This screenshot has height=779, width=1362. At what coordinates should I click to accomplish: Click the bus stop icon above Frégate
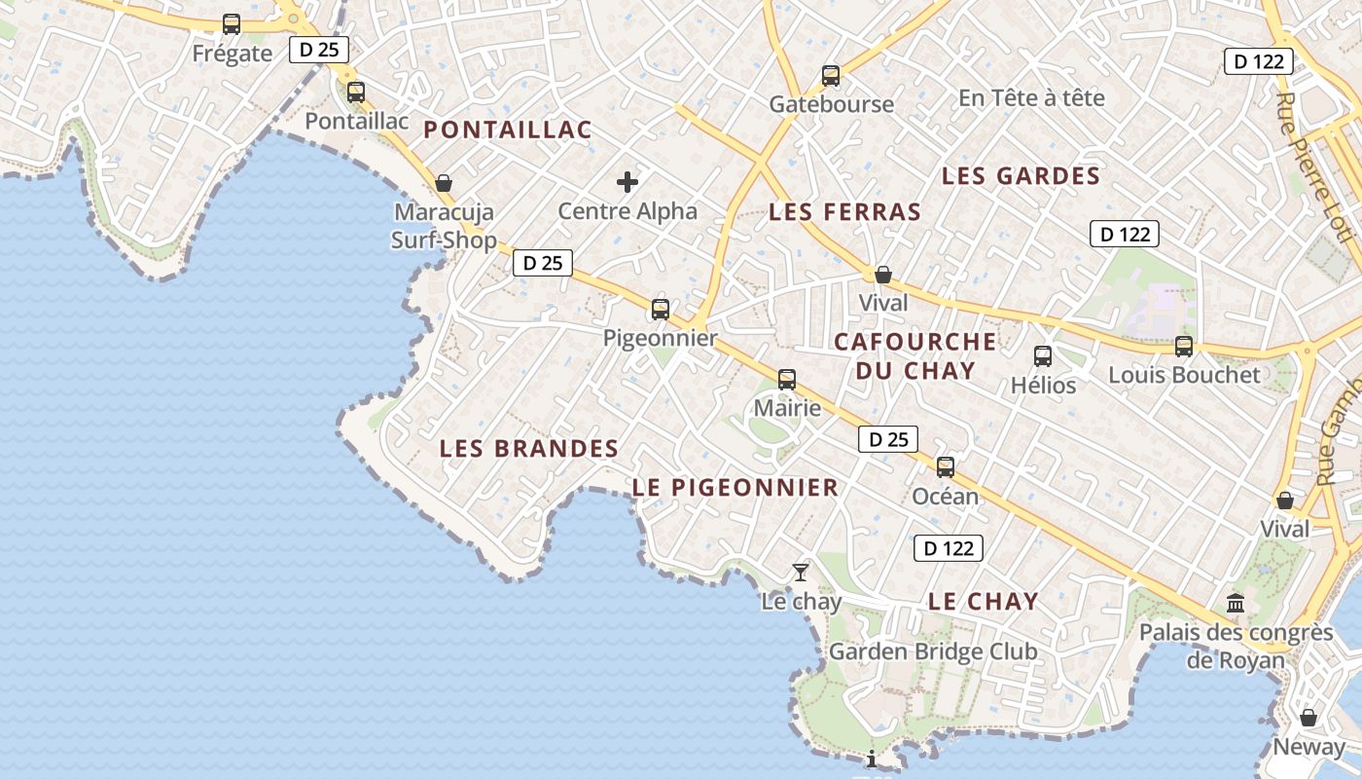[232, 24]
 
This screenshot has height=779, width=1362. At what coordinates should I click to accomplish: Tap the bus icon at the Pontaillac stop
[356, 93]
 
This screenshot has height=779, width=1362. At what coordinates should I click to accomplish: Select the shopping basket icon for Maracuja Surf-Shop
[444, 183]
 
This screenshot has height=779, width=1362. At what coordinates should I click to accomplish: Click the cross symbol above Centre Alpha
[627, 181]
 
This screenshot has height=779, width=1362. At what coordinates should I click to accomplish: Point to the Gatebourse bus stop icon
[831, 76]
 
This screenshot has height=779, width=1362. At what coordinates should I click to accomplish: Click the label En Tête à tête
[1031, 98]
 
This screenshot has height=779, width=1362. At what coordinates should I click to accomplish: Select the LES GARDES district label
[1021, 176]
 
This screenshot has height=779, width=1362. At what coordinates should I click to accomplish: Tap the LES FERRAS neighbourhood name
[844, 212]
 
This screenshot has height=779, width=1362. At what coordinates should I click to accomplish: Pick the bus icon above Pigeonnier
[661, 310]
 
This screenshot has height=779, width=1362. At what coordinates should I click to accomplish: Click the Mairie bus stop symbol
[787, 380]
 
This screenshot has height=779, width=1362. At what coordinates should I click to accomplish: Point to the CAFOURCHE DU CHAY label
[914, 355]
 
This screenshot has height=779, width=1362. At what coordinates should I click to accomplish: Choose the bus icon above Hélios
[1043, 356]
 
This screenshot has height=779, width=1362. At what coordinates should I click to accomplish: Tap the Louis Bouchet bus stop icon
[1184, 346]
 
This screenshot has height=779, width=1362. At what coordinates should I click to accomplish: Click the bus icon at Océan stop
[946, 467]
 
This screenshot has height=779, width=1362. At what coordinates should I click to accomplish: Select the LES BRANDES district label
[528, 449]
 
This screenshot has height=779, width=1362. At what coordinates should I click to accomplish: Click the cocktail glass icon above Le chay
[801, 573]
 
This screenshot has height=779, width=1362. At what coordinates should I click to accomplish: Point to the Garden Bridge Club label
[932, 651]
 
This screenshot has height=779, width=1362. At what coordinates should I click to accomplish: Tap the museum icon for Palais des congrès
[1236, 604]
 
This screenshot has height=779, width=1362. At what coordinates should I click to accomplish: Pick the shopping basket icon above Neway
[1308, 718]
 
